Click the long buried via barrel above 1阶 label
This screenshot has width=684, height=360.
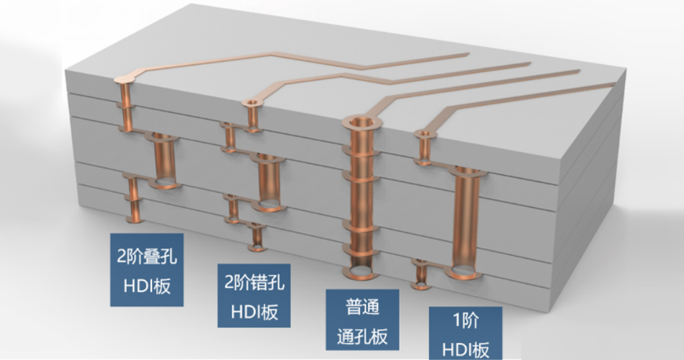point(467,220)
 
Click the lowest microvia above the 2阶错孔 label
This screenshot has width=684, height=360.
point(256,237)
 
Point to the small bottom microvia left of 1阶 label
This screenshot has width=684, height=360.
point(420,274)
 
